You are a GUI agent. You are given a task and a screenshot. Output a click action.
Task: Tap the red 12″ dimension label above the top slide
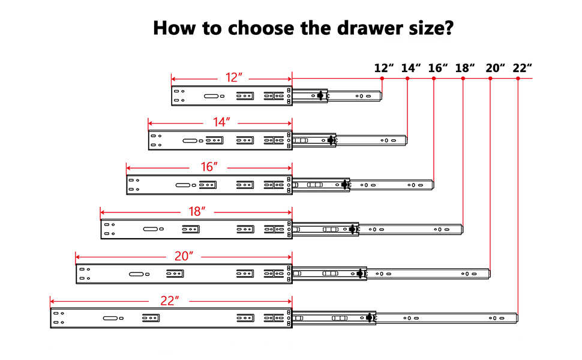(x=233, y=78)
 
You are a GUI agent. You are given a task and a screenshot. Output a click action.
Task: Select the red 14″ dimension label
(x=221, y=122)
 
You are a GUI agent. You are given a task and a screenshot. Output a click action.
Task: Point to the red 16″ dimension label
(x=208, y=167)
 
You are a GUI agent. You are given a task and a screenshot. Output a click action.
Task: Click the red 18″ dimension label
(x=197, y=211)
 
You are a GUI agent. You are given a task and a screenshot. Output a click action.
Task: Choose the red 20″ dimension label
(x=184, y=256)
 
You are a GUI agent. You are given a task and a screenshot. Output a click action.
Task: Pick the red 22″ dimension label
(x=170, y=300)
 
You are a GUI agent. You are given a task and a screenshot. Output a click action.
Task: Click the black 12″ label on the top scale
(x=383, y=68)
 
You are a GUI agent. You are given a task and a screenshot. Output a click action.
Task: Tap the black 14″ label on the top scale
(x=410, y=68)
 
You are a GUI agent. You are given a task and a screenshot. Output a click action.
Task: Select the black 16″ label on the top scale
(x=438, y=68)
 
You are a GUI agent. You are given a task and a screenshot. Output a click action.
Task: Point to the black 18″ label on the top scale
(x=465, y=68)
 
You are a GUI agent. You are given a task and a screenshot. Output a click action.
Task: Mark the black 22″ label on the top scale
(x=522, y=68)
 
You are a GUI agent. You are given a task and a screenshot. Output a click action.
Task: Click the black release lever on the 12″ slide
(x=320, y=95)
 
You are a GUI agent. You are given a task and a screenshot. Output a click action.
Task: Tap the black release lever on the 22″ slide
(x=369, y=317)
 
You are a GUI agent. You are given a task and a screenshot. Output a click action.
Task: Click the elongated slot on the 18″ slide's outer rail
(x=151, y=229)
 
